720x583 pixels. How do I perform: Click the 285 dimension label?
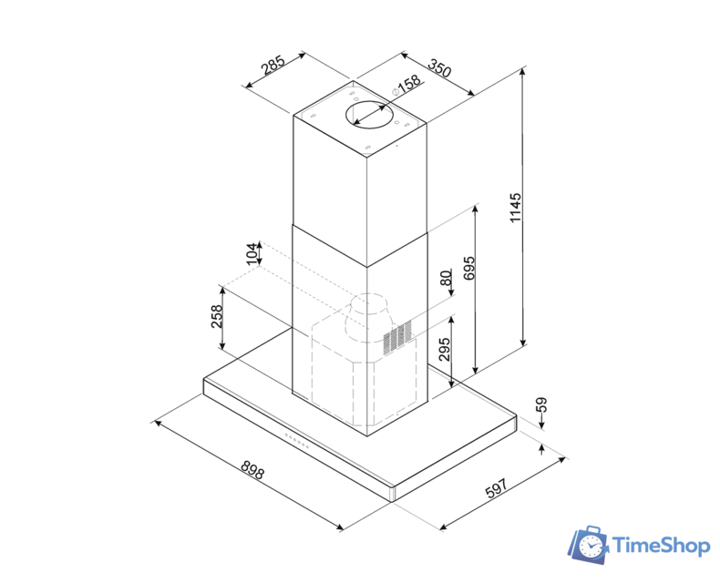point(273,65)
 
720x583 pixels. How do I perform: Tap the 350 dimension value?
point(440,67)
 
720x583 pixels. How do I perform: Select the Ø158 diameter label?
point(406,85)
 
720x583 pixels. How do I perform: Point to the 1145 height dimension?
point(516,208)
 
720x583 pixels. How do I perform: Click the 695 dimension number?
point(469,268)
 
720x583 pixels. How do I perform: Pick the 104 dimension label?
point(252,254)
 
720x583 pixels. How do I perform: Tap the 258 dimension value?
point(216,316)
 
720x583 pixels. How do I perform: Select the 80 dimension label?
point(446,278)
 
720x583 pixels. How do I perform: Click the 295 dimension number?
point(444,350)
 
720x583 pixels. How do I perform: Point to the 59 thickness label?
point(542,404)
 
